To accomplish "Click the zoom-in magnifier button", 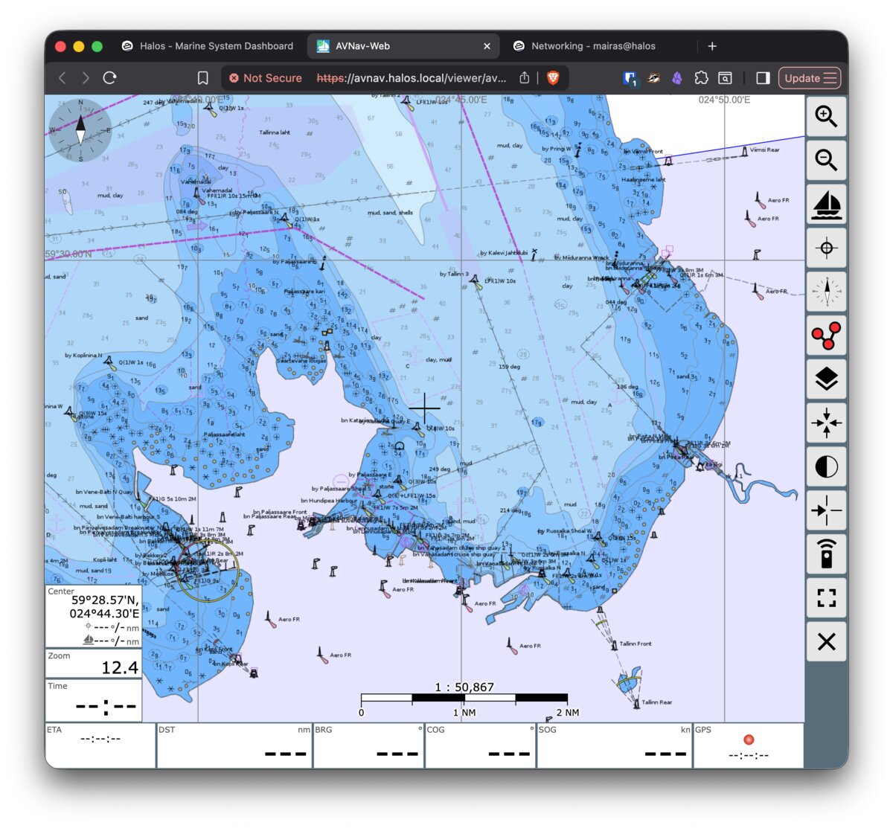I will (826, 117).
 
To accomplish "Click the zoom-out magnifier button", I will (826, 160).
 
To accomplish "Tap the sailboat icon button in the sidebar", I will (826, 204).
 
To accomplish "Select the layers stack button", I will (826, 379).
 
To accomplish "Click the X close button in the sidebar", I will (826, 641).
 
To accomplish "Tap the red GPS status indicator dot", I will (749, 739).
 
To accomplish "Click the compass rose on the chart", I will (80, 130).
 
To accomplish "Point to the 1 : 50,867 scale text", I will (464, 687).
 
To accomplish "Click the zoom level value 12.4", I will (120, 667).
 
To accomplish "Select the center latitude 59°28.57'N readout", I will (104, 600).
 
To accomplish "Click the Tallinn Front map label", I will (635, 644).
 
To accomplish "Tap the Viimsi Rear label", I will (764, 150).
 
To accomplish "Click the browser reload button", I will (109, 78).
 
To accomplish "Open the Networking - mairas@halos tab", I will (593, 46).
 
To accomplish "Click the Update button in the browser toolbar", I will (810, 78).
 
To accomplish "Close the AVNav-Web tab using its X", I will (487, 46).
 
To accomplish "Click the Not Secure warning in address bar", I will (266, 78).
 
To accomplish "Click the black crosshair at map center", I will (424, 407).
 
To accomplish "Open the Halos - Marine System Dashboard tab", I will (217, 46).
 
